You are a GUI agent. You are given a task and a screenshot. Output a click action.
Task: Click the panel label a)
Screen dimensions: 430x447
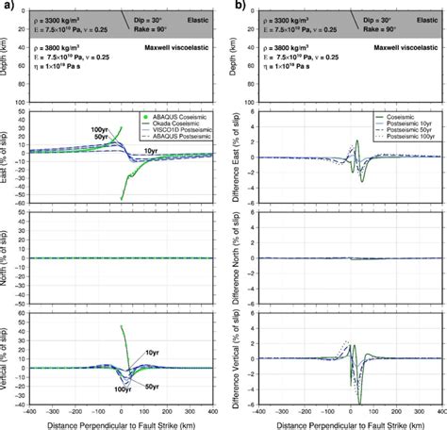pyautogui.click(x=7, y=6)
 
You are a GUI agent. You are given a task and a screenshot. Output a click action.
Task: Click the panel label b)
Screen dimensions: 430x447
pyautogui.click(x=233, y=6)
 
